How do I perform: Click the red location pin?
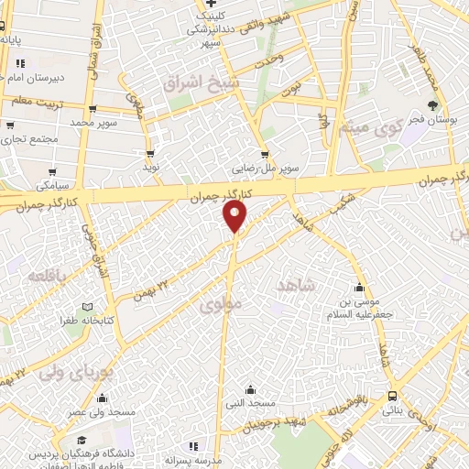click(x=235, y=215)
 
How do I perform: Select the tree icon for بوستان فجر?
click(x=433, y=105)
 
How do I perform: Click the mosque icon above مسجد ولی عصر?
click(x=101, y=398)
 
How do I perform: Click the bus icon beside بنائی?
click(x=393, y=397)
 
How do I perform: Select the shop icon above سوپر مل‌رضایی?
click(x=266, y=155)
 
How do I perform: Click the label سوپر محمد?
click(x=95, y=122)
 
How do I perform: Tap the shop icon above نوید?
click(x=150, y=155)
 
